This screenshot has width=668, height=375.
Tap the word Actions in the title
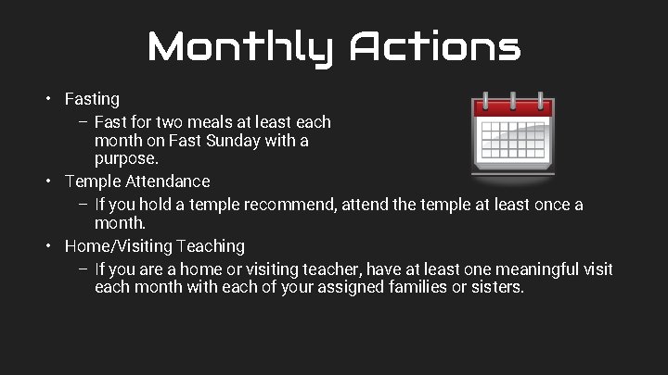[434, 46]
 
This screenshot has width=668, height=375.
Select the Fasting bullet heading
[92, 98]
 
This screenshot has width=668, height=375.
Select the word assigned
[340, 287]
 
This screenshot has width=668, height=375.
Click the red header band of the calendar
[513, 108]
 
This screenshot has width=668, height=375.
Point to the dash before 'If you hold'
[83, 204]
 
